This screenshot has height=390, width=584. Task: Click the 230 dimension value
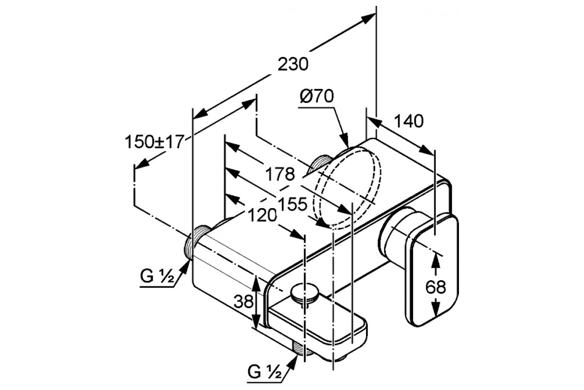pyautogui.click(x=294, y=64)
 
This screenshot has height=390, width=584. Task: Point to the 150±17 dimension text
pyautogui.click(x=153, y=142)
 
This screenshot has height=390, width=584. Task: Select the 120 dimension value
pyautogui.click(x=262, y=214)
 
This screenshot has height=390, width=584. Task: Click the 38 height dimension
pyautogui.click(x=244, y=303)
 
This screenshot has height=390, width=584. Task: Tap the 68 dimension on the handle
pyautogui.click(x=435, y=287)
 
